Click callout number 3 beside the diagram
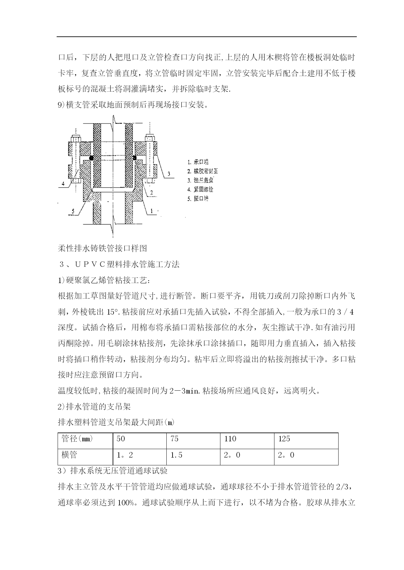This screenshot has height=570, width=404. click(169, 174)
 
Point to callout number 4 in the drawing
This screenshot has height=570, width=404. click(63, 184)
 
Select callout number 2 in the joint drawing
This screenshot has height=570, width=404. click(152, 193)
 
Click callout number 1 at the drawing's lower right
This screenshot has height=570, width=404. click(151, 211)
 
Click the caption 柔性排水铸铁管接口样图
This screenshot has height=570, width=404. click(103, 249)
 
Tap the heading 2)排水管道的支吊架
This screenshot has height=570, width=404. click(94, 407)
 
